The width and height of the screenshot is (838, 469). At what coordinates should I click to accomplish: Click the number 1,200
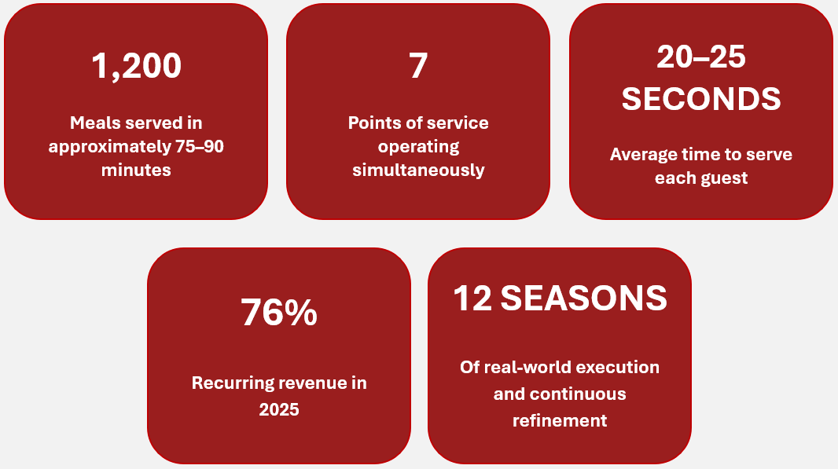coord(136,66)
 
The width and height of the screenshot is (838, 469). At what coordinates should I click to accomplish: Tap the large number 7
coord(418,66)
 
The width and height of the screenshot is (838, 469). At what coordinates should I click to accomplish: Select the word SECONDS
coord(701,99)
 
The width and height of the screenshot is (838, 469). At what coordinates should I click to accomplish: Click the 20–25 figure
coord(701,57)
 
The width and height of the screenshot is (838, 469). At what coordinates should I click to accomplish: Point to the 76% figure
coord(279,312)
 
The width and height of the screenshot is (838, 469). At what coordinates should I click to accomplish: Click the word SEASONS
coord(583,298)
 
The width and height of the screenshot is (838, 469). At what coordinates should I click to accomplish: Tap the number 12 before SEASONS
coord(472,298)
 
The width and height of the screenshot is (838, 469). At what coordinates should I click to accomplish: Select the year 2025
coord(279,410)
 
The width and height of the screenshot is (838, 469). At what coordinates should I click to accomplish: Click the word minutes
coord(136,170)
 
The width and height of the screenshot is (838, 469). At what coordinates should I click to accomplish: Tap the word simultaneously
coord(418,170)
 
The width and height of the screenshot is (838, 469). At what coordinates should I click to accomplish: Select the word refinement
coord(560,421)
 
